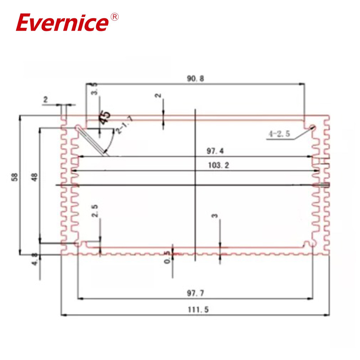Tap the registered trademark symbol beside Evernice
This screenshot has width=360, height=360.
[x=114, y=17]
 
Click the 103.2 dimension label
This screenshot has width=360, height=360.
[x=218, y=166]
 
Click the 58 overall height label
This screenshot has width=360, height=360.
[x=16, y=177]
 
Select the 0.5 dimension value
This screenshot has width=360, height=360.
[x=167, y=257]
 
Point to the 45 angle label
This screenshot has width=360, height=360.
[x=105, y=118]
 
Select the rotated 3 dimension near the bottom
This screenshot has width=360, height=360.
[x=215, y=216]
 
